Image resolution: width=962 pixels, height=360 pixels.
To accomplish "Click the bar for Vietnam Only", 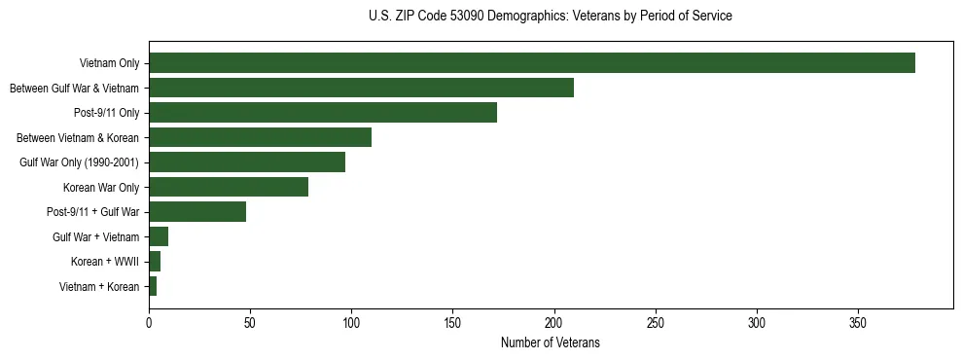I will [x=532, y=63].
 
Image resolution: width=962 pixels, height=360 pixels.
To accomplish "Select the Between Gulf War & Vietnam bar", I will [x=361, y=89].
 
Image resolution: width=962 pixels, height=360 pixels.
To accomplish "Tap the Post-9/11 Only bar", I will [x=323, y=113].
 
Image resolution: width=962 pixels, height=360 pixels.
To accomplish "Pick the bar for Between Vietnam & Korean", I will [x=260, y=137].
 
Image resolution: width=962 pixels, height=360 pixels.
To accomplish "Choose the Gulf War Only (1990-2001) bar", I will [x=247, y=162].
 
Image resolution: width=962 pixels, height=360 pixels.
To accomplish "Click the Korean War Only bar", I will [x=229, y=187].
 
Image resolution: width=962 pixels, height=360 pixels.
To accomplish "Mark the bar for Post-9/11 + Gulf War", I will [x=197, y=212].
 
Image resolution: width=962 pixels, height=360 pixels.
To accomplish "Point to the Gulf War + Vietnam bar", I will [x=159, y=236].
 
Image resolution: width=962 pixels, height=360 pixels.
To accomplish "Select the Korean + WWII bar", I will [x=155, y=262].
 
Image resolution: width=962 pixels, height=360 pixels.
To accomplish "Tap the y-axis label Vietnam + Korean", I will [x=99, y=287].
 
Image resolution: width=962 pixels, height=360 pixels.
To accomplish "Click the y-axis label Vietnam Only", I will [x=109, y=64].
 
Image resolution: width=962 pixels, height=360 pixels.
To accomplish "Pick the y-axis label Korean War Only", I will [x=101, y=188].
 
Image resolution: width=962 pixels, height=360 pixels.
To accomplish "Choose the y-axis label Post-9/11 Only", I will [x=106, y=114].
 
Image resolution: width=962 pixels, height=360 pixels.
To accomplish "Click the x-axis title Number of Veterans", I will [x=550, y=343].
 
